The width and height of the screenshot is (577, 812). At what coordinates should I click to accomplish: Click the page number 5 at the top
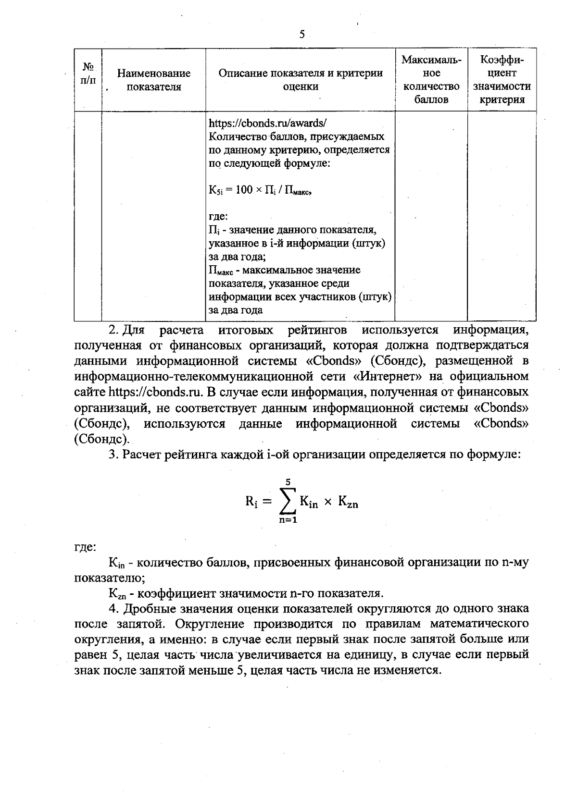click(302, 34)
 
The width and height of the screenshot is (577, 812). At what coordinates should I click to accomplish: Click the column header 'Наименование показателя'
click(154, 80)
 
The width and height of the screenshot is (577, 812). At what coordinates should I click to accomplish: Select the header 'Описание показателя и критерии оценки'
click(301, 80)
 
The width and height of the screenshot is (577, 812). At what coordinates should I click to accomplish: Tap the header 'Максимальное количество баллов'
click(431, 80)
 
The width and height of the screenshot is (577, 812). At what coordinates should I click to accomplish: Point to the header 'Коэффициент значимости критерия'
click(502, 80)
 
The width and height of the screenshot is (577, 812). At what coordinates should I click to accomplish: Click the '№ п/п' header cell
click(88, 73)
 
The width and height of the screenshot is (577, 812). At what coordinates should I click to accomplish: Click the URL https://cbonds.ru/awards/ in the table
click(268, 123)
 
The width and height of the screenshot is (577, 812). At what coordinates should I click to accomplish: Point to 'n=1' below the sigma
click(287, 520)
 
